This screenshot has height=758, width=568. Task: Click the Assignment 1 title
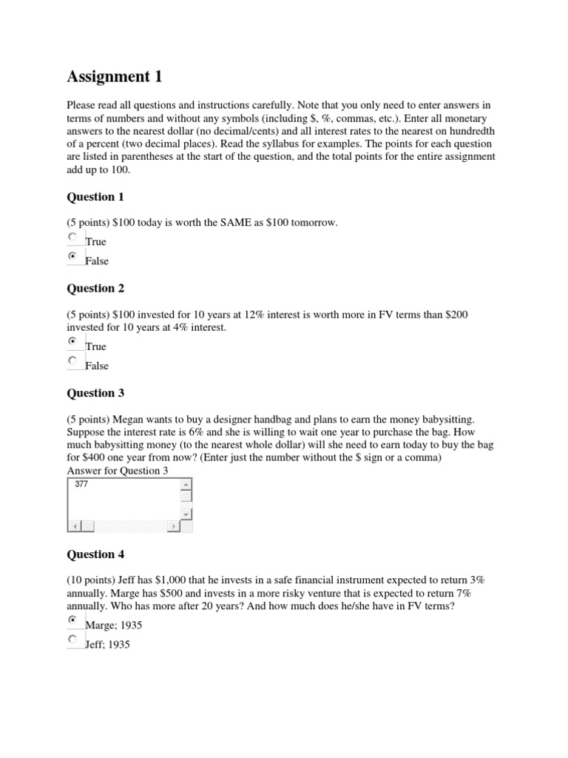pyautogui.click(x=114, y=76)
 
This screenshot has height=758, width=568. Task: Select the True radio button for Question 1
pyautogui.click(x=72, y=237)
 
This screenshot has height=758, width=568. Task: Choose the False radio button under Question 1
pyautogui.click(x=72, y=256)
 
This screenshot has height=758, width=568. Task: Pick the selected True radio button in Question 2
pyautogui.click(x=72, y=342)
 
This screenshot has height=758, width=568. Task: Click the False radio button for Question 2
pyautogui.click(x=72, y=360)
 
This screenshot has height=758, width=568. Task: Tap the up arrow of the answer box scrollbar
pyautogui.click(x=186, y=485)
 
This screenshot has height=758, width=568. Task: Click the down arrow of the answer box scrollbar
pyautogui.click(x=186, y=513)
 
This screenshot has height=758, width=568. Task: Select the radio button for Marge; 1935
pyautogui.click(x=72, y=620)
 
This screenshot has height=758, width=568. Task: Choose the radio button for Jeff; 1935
pyautogui.click(x=72, y=639)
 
